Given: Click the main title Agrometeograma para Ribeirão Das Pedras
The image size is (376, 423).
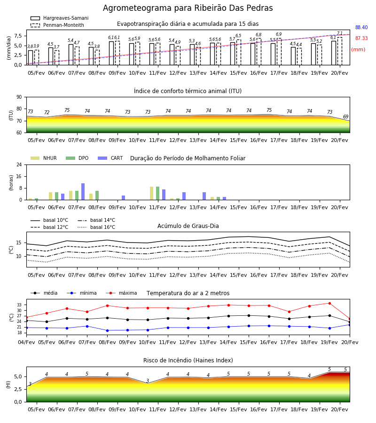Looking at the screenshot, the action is pos(188,8).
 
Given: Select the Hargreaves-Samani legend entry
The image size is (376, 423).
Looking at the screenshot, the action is pos(59,18).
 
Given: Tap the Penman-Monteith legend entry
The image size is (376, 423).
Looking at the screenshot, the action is pos(57,25).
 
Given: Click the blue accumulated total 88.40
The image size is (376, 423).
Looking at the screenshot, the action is pos(361,27).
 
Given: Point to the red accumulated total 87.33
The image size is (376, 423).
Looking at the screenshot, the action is pos(361,38).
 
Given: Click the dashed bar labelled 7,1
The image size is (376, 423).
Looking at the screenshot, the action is pos(340,51).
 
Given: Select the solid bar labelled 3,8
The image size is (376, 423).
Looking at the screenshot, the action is pos(31,58).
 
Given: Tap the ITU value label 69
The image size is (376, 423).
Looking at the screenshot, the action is pos(345,117).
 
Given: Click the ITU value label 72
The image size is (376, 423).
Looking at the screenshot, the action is pos(47,112).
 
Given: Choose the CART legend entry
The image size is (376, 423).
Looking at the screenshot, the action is pos(110,158).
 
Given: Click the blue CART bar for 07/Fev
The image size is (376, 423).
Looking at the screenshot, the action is pos(83,192).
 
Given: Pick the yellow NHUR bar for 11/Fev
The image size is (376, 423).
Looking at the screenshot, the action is pos(152,193).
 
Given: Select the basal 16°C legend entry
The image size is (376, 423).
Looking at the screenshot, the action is pos(96,227).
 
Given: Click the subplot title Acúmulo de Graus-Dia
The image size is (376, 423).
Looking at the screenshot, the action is pos(188,226).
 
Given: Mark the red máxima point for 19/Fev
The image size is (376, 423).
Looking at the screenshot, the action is pos(329,303).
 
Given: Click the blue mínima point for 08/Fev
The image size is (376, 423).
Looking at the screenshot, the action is pos(107,330).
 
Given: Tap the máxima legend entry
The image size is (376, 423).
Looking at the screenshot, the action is pos(121,293).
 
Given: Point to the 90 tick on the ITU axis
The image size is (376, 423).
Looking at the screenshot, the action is pos(19,97).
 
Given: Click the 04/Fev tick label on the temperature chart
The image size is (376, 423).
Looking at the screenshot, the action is pos(26,342).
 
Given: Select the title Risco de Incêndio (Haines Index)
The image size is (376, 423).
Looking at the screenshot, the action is pos(188,360).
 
